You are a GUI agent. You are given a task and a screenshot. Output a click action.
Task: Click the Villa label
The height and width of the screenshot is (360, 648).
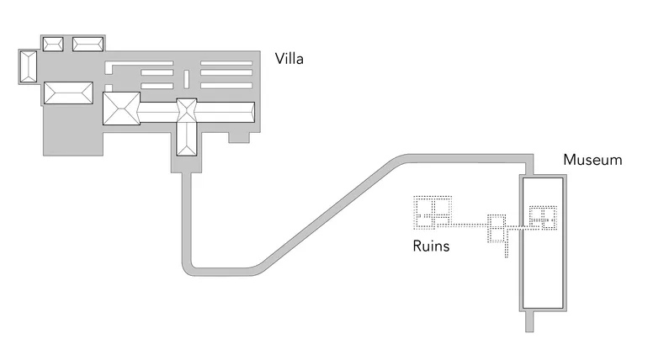[289, 60]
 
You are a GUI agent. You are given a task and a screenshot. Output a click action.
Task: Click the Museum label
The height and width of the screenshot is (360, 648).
[592, 160]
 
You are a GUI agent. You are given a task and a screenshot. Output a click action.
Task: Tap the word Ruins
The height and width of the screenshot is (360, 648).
[431, 246]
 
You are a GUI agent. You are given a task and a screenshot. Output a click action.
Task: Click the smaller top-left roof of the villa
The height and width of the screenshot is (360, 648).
[52, 45]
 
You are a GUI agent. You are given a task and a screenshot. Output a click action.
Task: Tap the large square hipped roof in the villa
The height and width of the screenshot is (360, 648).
[120, 109]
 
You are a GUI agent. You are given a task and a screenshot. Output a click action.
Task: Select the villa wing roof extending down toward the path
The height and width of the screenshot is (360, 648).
[186, 138]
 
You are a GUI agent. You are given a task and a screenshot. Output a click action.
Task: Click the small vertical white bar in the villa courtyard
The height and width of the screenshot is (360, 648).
[186, 80]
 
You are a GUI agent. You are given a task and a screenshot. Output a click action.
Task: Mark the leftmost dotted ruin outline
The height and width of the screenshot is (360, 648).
[433, 212]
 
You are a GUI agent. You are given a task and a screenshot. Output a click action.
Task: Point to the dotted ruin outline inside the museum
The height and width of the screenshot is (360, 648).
[544, 218]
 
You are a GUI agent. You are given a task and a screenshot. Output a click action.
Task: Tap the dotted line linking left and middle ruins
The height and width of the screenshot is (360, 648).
[470, 225]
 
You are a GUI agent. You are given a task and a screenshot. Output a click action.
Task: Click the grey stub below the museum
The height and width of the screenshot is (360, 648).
[529, 320]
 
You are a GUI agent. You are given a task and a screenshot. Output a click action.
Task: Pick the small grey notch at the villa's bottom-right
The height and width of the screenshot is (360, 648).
[239, 137]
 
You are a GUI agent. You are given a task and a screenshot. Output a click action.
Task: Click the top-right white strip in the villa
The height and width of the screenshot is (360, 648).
[226, 64]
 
